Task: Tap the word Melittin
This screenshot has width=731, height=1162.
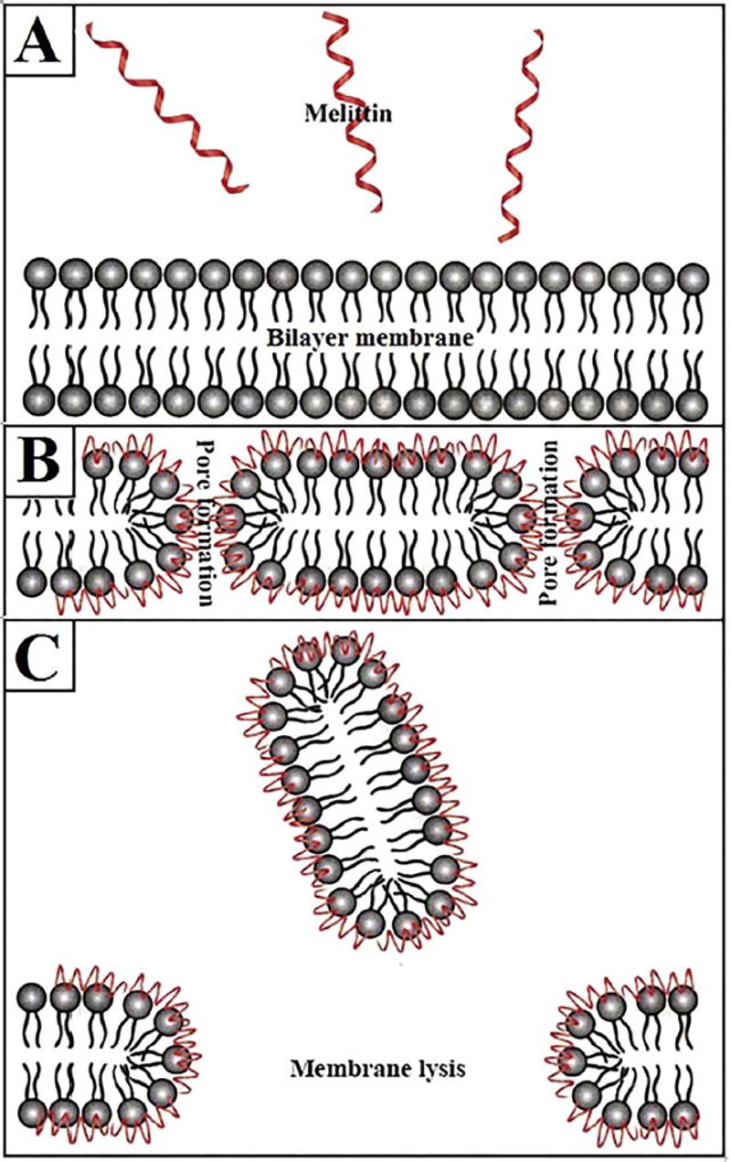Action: [348, 113]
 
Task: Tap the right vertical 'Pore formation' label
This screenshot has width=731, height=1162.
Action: [548, 522]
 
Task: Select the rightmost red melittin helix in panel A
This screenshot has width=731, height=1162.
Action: [521, 136]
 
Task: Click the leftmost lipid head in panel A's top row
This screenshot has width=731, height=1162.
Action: [39, 274]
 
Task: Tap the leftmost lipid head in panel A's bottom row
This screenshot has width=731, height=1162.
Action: [38, 400]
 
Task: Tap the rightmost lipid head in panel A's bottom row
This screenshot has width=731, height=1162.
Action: [693, 400]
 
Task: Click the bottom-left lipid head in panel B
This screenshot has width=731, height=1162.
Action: [32, 580]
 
